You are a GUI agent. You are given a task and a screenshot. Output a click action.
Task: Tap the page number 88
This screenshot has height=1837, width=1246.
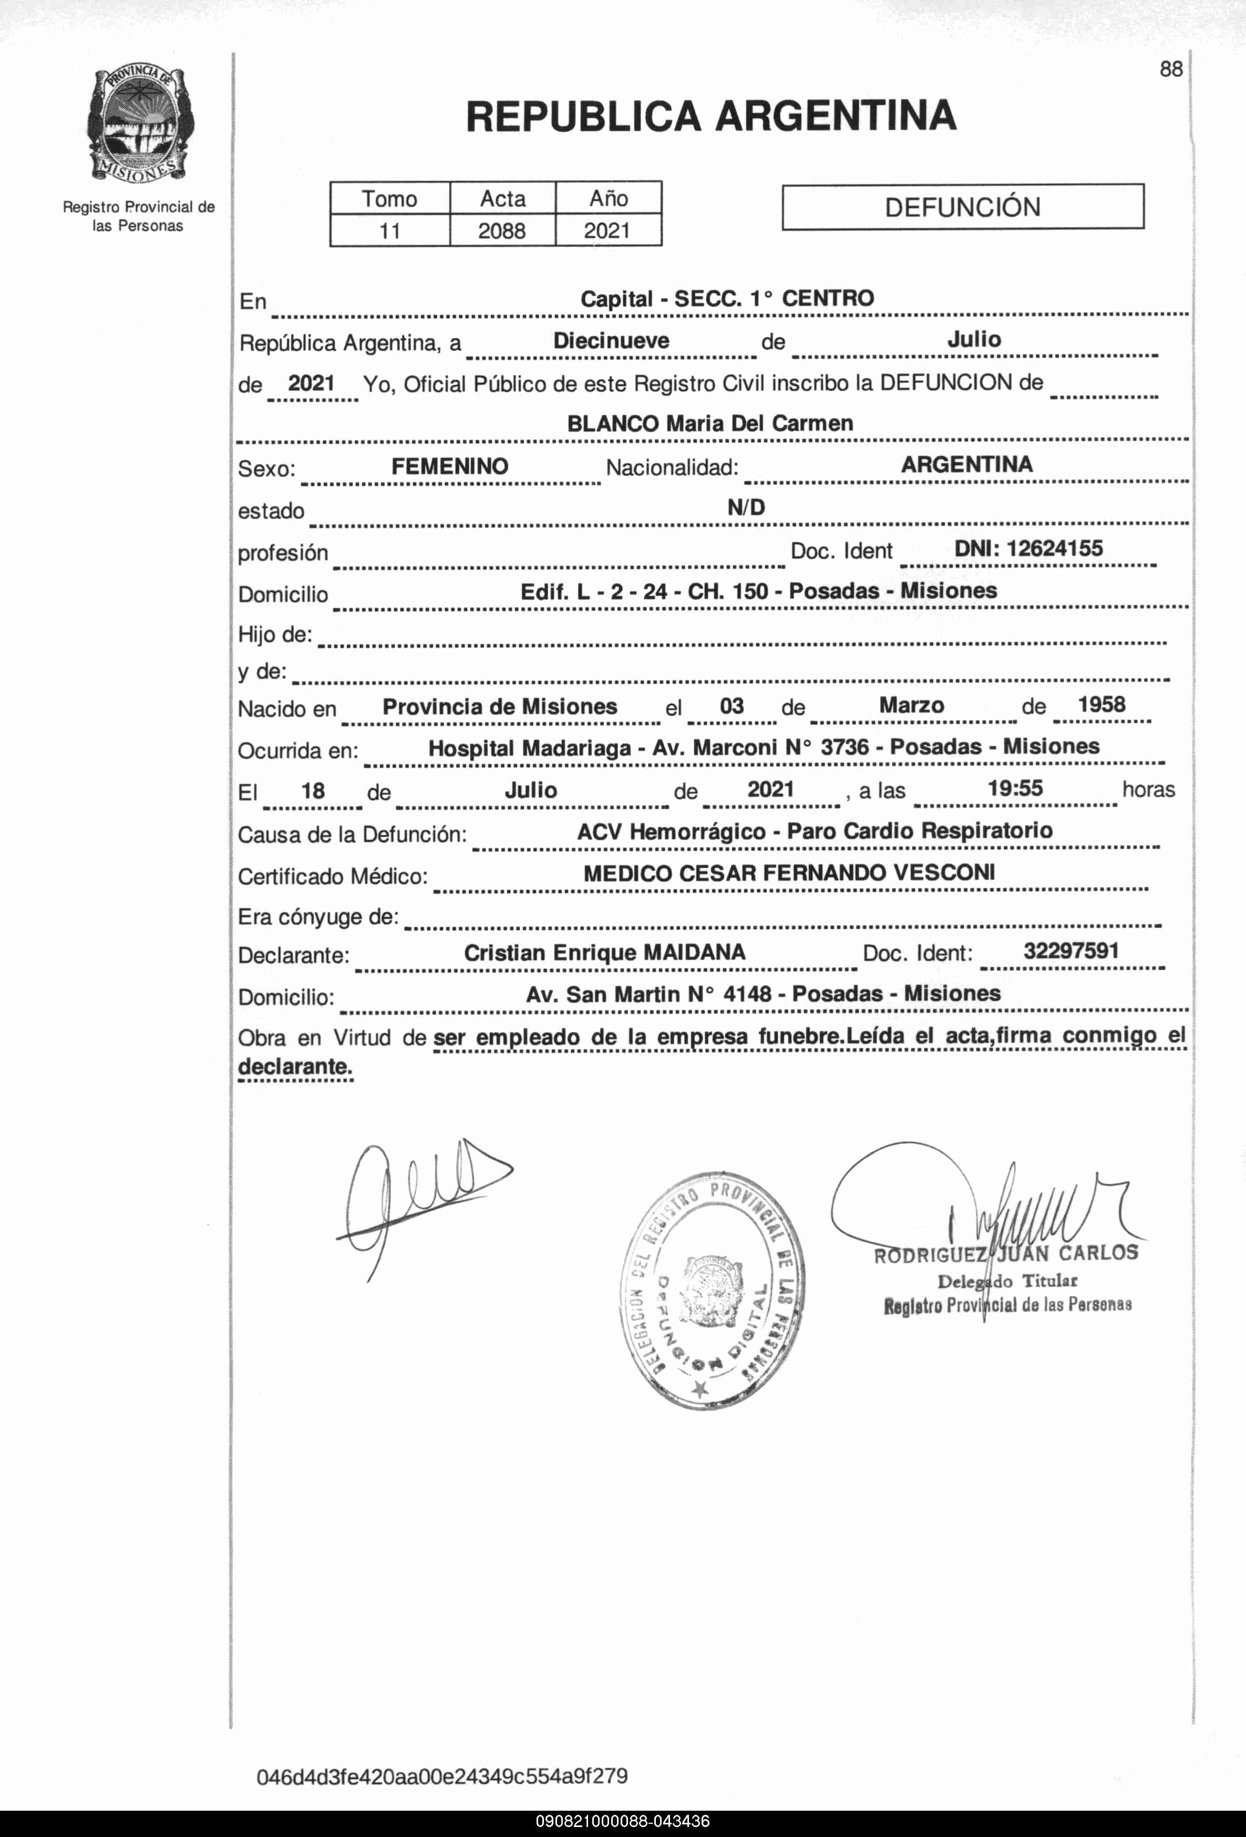tap(1170, 69)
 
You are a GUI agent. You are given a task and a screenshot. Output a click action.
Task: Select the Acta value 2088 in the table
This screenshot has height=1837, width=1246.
tap(502, 231)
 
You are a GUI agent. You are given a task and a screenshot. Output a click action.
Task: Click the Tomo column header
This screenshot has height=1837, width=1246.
tap(389, 198)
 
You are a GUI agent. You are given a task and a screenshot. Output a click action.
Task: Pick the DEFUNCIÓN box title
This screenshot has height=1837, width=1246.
tap(962, 207)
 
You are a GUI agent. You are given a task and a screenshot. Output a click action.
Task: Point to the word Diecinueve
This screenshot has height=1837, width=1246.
tap(611, 341)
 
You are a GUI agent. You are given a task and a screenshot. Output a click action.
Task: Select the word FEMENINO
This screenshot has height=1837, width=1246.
tap(449, 466)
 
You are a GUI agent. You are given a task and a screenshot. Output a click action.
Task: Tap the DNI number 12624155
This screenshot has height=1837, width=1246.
tap(1054, 549)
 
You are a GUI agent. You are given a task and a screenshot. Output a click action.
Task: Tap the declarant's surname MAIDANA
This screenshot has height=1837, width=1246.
tap(695, 952)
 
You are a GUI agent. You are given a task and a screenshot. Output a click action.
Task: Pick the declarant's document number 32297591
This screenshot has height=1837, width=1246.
tap(1070, 951)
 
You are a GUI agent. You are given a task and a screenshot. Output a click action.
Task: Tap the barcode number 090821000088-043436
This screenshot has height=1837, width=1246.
tap(623, 1821)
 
